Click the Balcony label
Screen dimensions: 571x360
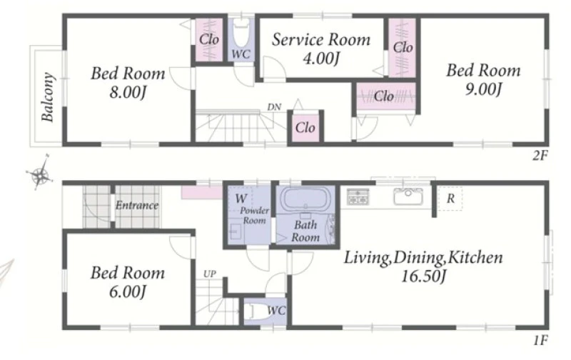(x=48, y=97)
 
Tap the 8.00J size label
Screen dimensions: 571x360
(x=128, y=93)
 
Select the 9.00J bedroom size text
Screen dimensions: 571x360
(x=484, y=89)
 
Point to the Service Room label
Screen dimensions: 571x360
(x=320, y=39)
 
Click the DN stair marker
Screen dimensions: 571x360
(x=274, y=107)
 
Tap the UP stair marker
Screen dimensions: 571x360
(x=210, y=274)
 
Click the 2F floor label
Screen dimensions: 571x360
(x=540, y=156)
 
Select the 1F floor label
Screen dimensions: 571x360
(x=541, y=341)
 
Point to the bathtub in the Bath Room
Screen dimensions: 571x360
(x=305, y=199)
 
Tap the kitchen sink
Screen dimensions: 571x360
(x=408, y=196)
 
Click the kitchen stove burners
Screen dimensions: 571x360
(x=358, y=196)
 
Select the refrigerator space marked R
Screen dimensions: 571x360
(x=450, y=199)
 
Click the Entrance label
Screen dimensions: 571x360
(x=137, y=206)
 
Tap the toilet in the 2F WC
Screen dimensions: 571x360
(x=241, y=34)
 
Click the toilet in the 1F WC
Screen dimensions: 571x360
(x=258, y=311)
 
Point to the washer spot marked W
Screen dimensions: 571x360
(x=241, y=199)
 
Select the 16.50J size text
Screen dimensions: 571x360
(x=423, y=276)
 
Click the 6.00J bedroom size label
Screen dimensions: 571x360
(x=128, y=292)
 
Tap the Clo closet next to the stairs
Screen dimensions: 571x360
(x=305, y=128)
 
